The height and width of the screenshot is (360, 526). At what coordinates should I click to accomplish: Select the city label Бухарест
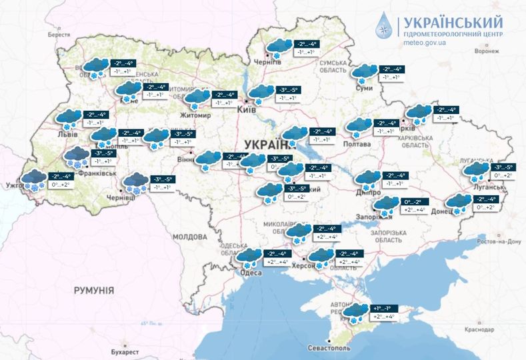click(125, 351)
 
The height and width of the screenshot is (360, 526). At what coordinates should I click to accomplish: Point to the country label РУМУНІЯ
click(93, 291)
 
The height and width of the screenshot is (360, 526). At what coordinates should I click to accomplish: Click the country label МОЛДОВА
click(190, 237)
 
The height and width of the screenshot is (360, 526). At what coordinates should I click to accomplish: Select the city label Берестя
click(59, 35)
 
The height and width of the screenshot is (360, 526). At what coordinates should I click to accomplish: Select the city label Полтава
click(356, 144)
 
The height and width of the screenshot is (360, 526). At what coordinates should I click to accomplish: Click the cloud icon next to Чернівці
click(137, 182)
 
